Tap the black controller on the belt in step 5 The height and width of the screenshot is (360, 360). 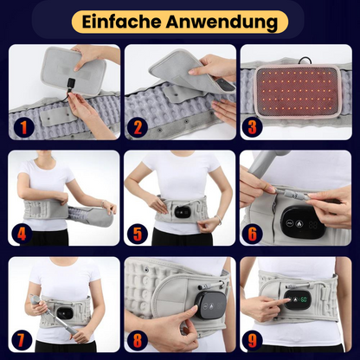tap(181, 209)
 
